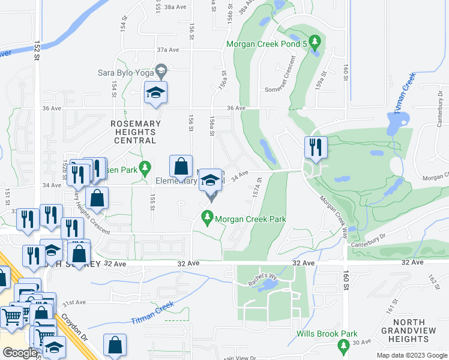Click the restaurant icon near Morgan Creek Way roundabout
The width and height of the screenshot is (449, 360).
[x=316, y=147]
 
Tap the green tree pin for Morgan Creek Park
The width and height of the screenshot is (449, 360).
[x=208, y=219]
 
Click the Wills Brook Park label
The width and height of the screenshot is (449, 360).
[x=327, y=334]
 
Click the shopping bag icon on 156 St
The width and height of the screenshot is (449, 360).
[x=181, y=166]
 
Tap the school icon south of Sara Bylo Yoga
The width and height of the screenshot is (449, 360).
[x=155, y=92]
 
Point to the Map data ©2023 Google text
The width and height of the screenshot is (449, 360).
[x=411, y=355]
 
